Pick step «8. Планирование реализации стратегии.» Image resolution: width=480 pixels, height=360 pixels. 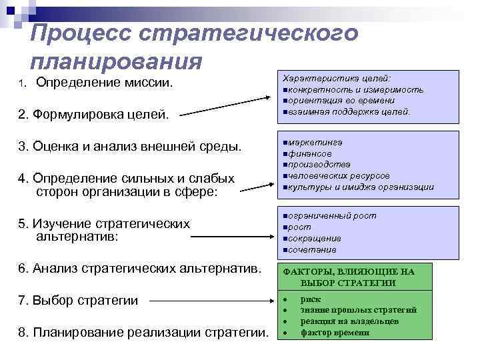(x=143, y=332)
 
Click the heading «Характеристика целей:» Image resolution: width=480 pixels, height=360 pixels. (x=337, y=78)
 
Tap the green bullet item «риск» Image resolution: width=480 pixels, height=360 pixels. (x=311, y=299)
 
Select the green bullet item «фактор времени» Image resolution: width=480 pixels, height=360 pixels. (x=334, y=331)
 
